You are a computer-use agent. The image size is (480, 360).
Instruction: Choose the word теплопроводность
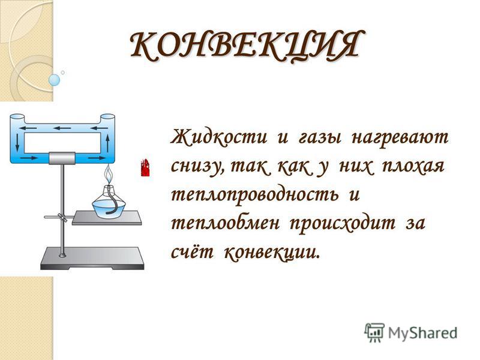[254, 196]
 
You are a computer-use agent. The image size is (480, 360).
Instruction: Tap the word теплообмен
[225, 223]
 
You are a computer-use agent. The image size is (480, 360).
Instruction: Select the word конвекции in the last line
[272, 253]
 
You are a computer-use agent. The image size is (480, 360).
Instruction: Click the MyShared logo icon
[374, 332]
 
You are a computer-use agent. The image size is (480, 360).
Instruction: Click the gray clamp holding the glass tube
[62, 158]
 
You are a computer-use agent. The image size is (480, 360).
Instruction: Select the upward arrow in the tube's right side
[107, 143]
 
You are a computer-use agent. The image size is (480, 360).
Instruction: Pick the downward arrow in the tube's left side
[17, 142]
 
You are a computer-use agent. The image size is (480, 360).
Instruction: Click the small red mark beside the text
[145, 167]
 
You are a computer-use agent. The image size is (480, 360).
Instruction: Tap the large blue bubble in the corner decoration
[54, 80]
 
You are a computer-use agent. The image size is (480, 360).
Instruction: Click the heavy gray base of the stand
[92, 259]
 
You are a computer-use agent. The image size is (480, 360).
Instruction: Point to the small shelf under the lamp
[107, 218]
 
